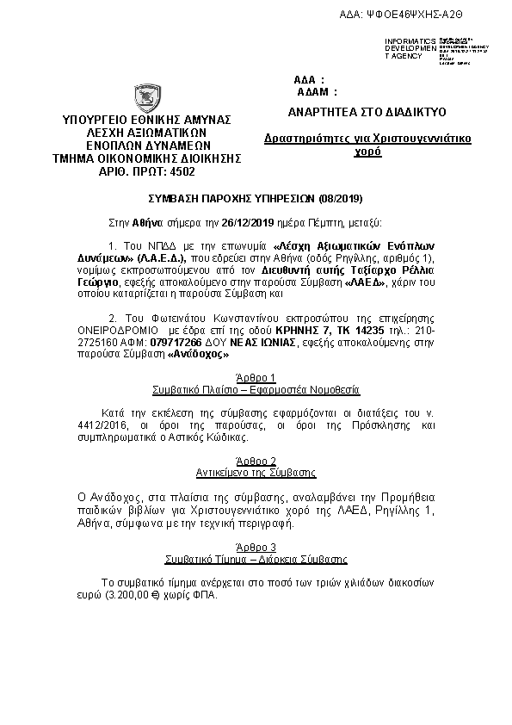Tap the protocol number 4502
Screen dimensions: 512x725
(x=182, y=171)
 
